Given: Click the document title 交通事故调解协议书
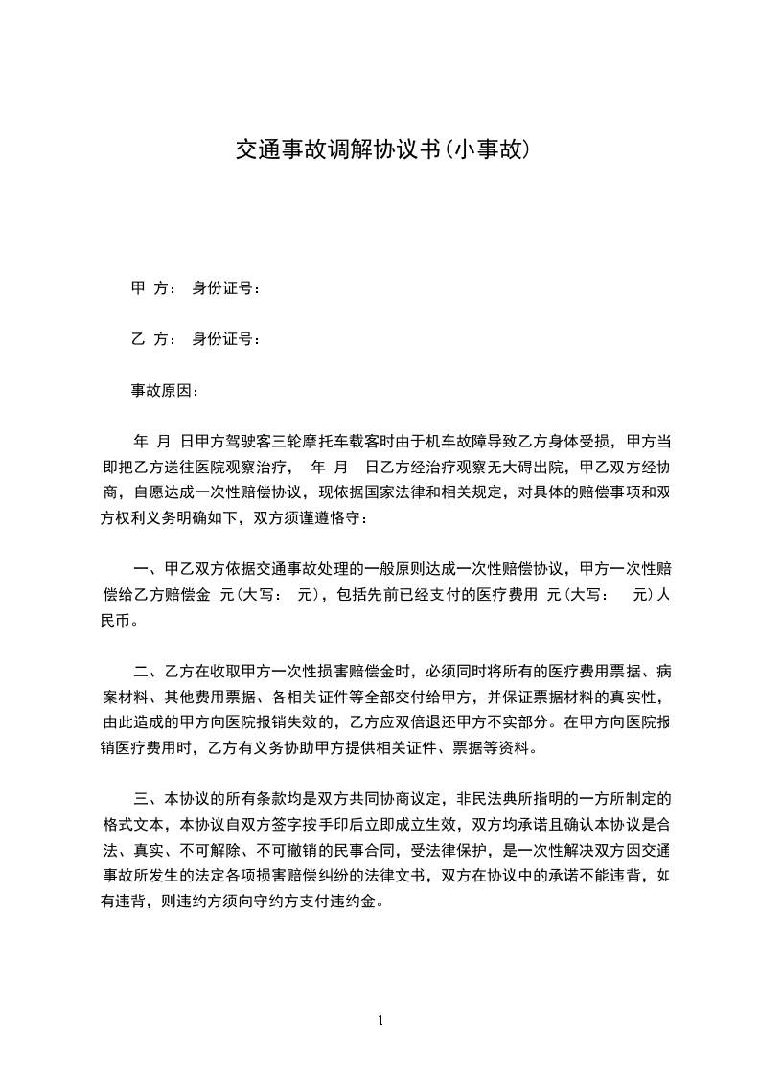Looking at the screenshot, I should coord(337,149).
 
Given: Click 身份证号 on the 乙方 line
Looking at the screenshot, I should coord(227,339).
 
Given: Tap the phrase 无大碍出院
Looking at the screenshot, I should coord(518,468).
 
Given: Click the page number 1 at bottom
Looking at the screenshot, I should coord(380,1020).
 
